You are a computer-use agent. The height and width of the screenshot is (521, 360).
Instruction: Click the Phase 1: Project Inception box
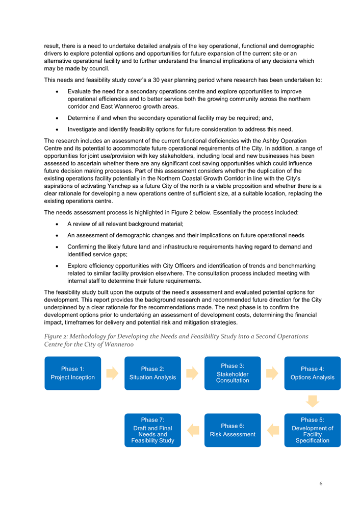click(x=72, y=373)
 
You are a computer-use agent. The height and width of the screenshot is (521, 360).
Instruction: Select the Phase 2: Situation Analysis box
click(x=152, y=373)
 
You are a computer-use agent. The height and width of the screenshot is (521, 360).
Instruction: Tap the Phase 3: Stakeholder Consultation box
click(x=233, y=373)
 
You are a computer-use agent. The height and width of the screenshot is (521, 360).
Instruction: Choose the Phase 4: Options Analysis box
click(x=312, y=373)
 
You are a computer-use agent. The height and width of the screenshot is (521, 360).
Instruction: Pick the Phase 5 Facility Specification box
click(x=312, y=430)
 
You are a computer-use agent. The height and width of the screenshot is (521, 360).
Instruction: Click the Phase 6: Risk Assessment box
click(x=233, y=430)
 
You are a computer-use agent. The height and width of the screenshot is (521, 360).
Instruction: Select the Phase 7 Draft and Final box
click(x=152, y=430)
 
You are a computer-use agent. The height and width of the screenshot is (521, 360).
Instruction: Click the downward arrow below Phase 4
click(x=313, y=401)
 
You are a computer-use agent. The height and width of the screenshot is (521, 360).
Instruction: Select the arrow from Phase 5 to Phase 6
click(x=273, y=430)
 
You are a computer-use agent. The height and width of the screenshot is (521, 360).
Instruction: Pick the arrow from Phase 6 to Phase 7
click(x=193, y=430)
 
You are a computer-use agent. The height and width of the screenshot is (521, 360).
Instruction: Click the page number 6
click(x=321, y=484)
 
